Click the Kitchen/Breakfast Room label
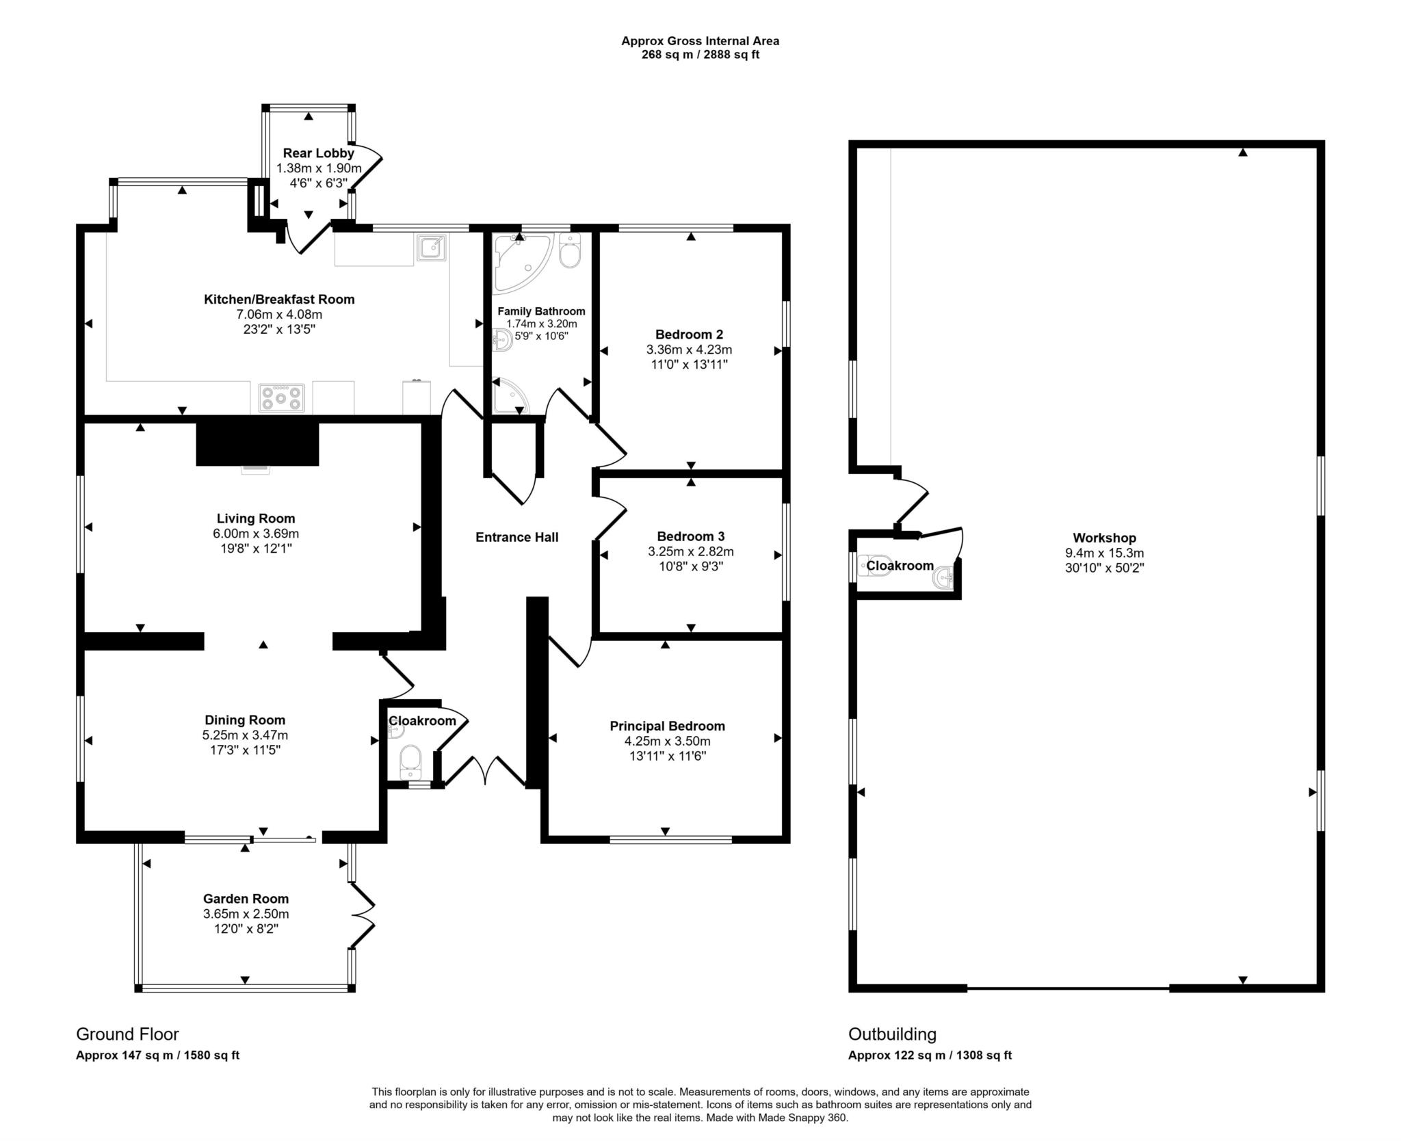(x=279, y=299)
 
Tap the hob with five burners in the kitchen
(x=281, y=398)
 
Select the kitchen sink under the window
(x=432, y=248)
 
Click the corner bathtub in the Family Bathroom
(x=520, y=261)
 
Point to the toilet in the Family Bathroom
(x=570, y=251)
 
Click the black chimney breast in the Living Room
(x=257, y=444)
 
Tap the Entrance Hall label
(x=516, y=538)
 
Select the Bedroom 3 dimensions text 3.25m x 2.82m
(x=690, y=551)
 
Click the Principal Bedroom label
(x=667, y=726)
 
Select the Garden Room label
(x=246, y=899)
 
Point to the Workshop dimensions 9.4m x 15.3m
(x=1104, y=553)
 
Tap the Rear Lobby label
(x=318, y=153)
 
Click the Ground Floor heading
(x=127, y=1034)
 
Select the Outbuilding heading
(x=892, y=1034)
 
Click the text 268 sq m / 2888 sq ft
(x=700, y=55)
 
